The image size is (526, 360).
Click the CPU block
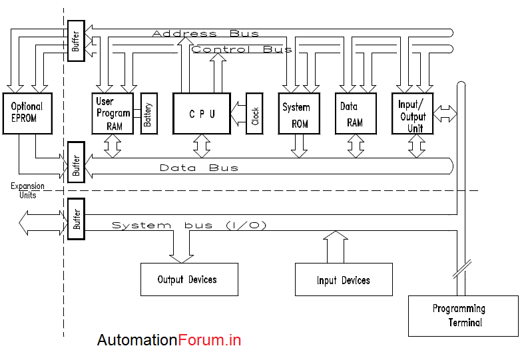(202, 113)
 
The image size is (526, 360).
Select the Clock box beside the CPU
(254, 114)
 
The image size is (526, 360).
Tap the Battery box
(148, 114)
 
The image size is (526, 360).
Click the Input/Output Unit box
(412, 114)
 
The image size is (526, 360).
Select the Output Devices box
(188, 279)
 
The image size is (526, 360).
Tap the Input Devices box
(342, 279)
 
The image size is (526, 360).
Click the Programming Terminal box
(463, 315)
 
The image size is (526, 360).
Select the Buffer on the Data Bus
(76, 162)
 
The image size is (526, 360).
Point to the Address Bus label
(205, 33)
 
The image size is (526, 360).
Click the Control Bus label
(241, 49)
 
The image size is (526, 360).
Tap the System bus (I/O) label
(189, 226)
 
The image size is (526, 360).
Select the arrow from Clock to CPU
(238, 114)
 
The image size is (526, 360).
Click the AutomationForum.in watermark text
(169, 341)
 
